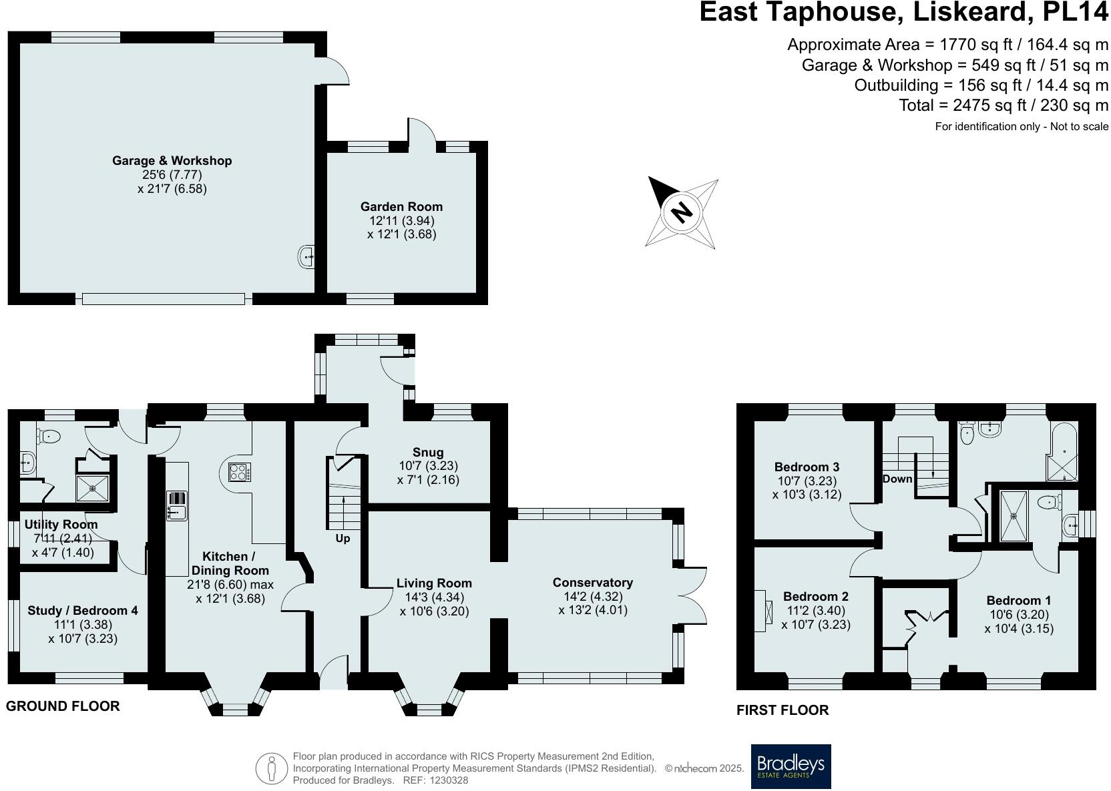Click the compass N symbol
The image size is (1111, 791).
682,213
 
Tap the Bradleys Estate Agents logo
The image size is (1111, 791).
791,766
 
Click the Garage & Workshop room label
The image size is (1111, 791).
172,161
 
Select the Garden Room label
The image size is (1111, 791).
401,207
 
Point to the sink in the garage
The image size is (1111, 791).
306,256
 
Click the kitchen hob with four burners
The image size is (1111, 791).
239,473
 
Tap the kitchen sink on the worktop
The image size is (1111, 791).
177,513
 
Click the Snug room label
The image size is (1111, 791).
428,452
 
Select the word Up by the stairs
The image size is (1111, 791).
343,538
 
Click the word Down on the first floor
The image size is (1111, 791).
897,479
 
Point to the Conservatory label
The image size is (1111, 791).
592,583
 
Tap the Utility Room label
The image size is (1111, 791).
61,525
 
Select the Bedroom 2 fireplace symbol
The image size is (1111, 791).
762,610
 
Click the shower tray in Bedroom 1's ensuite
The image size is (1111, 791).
1014,515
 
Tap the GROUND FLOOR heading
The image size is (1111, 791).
63,706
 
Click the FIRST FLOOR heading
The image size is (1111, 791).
782,710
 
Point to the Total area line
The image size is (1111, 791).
1003,105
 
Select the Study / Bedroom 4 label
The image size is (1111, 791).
83,610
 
